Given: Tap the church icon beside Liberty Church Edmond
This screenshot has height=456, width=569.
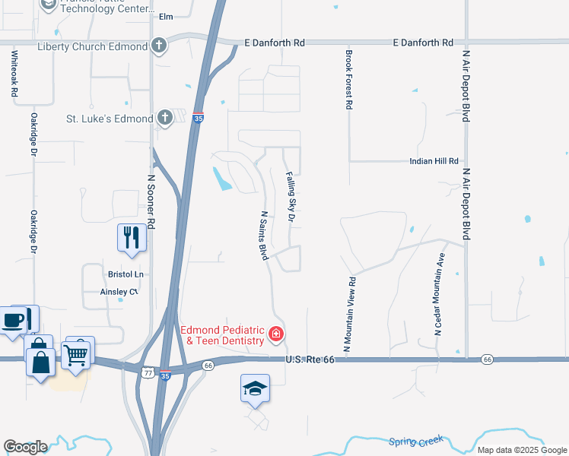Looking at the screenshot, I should pos(159,46).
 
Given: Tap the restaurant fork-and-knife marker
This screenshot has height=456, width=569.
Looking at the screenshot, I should pos(132,237).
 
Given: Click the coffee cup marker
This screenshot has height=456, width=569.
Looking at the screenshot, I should pos(14,320).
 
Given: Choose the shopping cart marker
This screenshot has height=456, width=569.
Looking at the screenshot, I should pos(77,354).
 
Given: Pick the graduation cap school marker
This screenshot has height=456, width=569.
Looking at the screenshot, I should pos(255,389).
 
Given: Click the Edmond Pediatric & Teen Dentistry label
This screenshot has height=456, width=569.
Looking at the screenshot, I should pos(222,336).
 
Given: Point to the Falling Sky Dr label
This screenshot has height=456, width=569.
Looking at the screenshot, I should pos(290,196).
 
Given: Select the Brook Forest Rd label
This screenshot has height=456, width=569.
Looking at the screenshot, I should pos(348,80).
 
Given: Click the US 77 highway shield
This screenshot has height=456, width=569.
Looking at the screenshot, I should pos(148,372).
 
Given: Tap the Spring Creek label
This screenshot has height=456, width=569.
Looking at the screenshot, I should pos(415,441).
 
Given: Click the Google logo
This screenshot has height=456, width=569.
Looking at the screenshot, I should pos(25,446).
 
